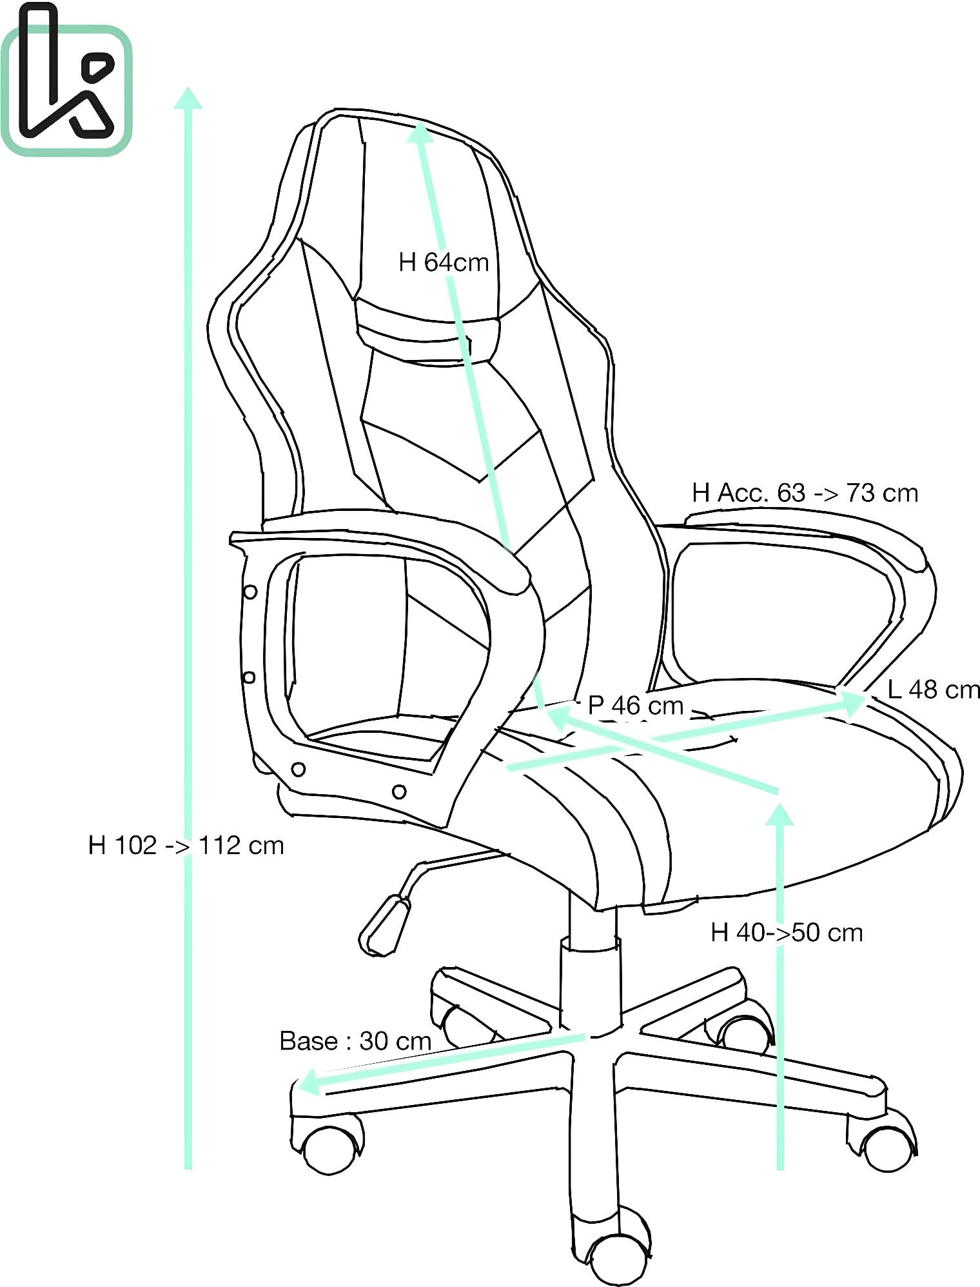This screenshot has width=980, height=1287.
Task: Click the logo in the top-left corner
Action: click(66, 81)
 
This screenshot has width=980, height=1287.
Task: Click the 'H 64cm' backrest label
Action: click(444, 263)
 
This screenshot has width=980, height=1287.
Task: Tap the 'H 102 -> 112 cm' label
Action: click(186, 845)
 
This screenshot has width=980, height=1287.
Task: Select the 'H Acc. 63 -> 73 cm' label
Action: click(805, 493)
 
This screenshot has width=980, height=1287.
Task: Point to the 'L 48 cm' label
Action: click(934, 690)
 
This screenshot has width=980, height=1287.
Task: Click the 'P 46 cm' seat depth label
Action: click(636, 705)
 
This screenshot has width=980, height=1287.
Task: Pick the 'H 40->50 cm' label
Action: click(787, 932)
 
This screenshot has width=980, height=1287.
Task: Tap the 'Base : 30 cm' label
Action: click(355, 1041)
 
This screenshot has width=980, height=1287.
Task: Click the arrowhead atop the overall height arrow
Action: click(188, 98)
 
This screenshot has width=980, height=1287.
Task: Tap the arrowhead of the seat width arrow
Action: click(852, 703)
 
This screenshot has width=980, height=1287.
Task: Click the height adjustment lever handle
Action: click(384, 925)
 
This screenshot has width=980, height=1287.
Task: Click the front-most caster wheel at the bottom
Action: click(617, 1258)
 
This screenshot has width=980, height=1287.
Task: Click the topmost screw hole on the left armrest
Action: click(250, 591)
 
